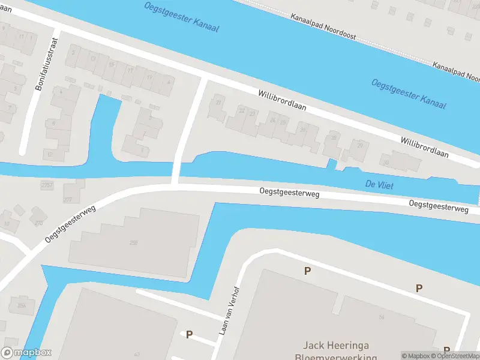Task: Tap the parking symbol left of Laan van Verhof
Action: tap(190, 334)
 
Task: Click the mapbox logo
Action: tap(26, 353)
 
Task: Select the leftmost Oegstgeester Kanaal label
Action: tap(182, 17)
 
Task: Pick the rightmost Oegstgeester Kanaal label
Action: tap(409, 94)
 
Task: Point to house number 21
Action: tap(218, 103)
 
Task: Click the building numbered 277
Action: tap(67, 199)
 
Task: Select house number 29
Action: tap(360, 146)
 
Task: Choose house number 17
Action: tap(131, 70)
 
